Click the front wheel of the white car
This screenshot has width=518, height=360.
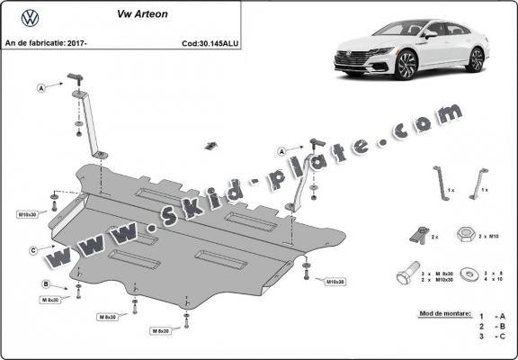coord(406,66)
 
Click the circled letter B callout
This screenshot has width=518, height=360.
coord(45,284)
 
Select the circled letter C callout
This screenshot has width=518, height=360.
coord(32,250)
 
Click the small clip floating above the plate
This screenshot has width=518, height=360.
coord(211,144)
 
